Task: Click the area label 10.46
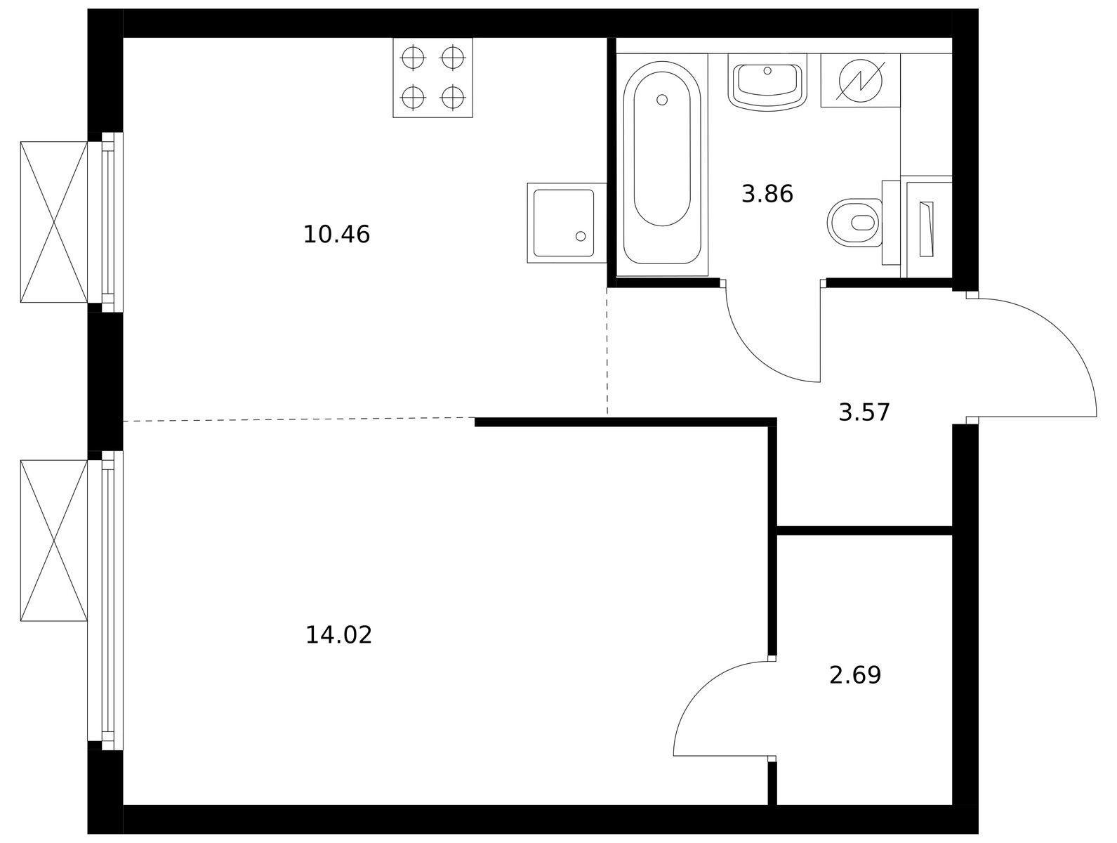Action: [x=336, y=235]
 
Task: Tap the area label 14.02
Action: [x=339, y=635]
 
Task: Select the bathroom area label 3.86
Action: [x=767, y=194]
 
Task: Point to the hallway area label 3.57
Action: [x=864, y=412]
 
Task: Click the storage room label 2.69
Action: [x=855, y=675]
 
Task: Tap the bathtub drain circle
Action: [x=662, y=100]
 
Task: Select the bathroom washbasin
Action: [x=767, y=81]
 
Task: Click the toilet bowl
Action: [x=855, y=223]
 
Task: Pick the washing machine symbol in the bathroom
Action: [x=861, y=80]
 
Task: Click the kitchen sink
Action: [x=567, y=223]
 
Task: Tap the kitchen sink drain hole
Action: [x=581, y=236]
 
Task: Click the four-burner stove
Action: [x=432, y=77]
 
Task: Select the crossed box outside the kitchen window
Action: [x=54, y=222]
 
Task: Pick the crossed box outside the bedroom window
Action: [x=54, y=541]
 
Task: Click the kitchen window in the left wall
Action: [x=105, y=222]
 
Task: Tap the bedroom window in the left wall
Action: [x=105, y=601]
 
